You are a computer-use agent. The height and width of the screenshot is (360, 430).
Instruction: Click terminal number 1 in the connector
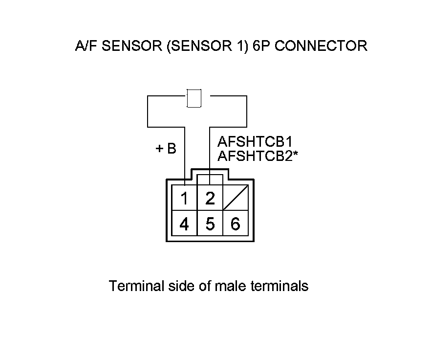click(x=184, y=199)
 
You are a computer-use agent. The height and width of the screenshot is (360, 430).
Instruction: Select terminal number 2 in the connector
click(x=210, y=199)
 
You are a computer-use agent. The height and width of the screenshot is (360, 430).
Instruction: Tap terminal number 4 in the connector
click(x=184, y=225)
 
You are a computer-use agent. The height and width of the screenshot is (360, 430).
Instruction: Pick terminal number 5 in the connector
click(x=210, y=225)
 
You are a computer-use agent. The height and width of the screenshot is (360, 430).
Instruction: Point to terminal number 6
click(x=236, y=225)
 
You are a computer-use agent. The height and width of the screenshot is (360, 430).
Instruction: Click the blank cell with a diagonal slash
click(x=236, y=198)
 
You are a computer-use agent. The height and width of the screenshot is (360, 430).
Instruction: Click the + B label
click(x=166, y=149)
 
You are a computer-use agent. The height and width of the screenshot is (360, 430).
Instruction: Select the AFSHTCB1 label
click(x=255, y=142)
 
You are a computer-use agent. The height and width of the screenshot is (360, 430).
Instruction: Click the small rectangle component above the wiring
click(x=194, y=98)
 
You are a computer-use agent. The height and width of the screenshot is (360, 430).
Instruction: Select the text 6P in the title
click(x=265, y=46)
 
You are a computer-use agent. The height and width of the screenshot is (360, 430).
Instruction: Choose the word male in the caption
click(x=231, y=286)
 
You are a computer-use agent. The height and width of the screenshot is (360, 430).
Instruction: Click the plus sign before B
click(x=159, y=149)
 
